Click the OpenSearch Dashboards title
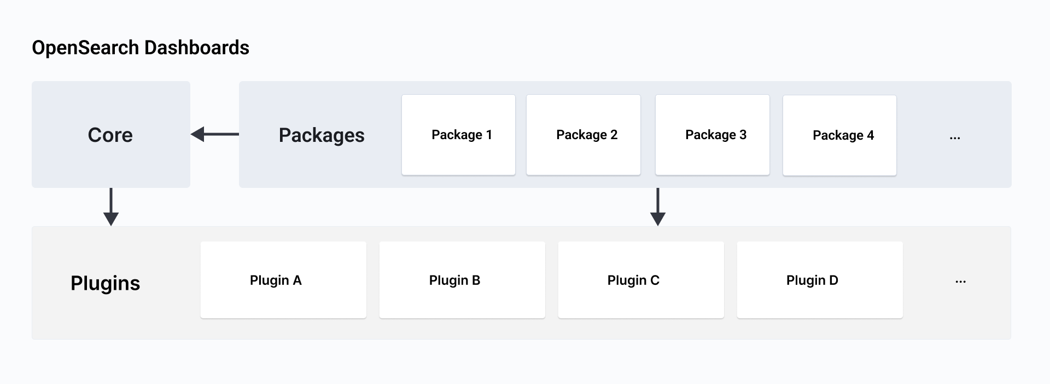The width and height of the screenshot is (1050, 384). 141,48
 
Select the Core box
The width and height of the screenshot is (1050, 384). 110,135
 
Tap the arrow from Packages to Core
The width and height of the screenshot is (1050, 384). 214,134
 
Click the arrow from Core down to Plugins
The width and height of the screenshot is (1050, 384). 111,207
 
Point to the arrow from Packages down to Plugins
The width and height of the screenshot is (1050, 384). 657,207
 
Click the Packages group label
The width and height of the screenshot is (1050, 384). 322,135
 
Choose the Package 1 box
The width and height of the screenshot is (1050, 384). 458,135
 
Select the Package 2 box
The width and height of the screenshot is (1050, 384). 583,135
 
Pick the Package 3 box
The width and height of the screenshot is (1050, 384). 712,135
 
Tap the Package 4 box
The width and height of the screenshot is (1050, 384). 839,135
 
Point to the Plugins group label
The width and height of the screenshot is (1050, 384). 106,283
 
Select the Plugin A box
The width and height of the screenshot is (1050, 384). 283,280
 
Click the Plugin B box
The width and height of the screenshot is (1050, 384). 462,280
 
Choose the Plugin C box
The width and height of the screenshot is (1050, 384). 641,280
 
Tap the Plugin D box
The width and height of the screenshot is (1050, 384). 820,280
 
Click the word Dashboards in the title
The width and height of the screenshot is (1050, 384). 197,48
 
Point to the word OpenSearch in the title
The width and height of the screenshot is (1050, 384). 85,48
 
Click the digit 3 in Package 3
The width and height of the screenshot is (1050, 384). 743,135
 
